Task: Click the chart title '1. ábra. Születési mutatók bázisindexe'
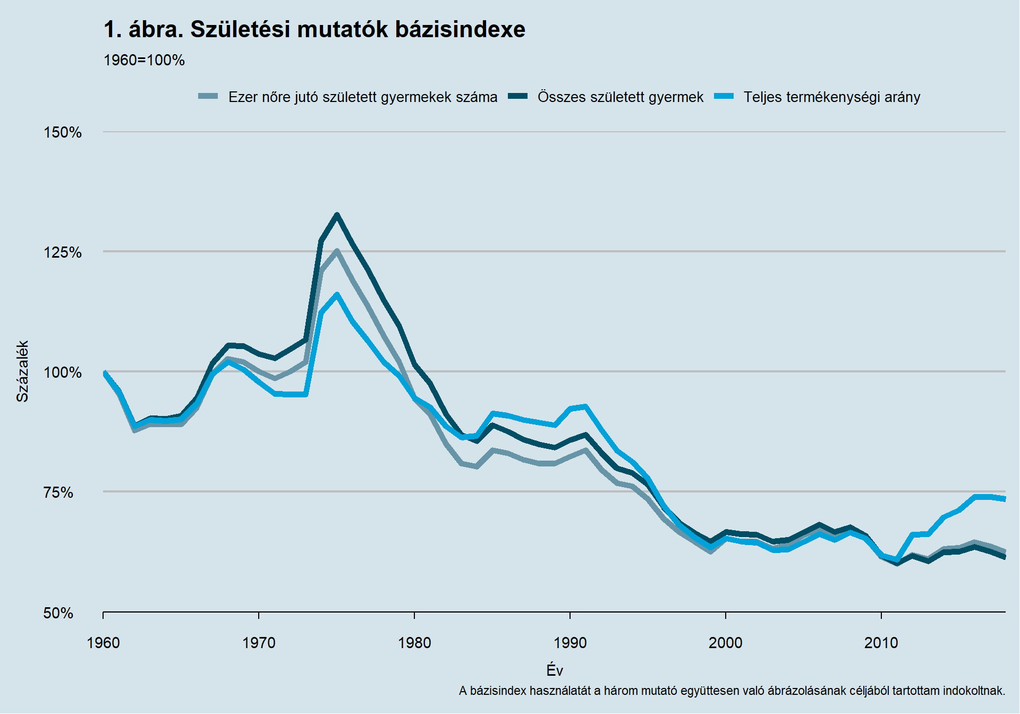point(314,30)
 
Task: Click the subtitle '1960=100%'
point(144,61)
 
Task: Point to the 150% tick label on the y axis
point(63,132)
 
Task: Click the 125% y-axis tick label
point(63,252)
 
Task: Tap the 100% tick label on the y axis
point(63,372)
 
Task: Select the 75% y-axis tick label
point(58,492)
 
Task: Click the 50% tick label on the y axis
point(58,613)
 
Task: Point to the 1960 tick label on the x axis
point(103,643)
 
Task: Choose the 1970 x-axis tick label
point(259,643)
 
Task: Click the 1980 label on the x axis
point(414,643)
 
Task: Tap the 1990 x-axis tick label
point(570,643)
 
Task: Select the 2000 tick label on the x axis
point(726,643)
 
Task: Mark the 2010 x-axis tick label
point(881,643)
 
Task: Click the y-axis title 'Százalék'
point(22,371)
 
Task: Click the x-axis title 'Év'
point(554,670)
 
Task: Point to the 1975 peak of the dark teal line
point(337,215)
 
